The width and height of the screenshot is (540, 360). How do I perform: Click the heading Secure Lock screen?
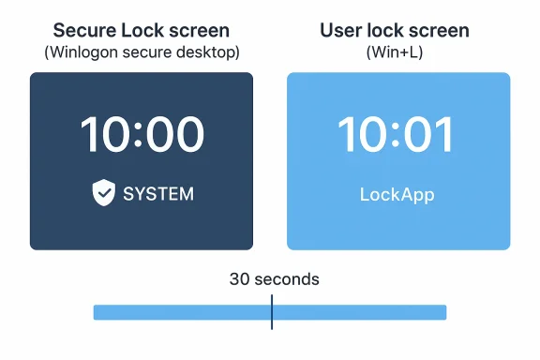click(x=141, y=31)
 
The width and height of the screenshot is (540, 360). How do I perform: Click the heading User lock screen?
click(x=395, y=31)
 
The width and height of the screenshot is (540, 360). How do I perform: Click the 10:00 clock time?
click(x=142, y=135)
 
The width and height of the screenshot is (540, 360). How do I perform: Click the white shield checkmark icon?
click(x=103, y=193)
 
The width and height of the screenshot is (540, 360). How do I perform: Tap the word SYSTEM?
click(x=158, y=194)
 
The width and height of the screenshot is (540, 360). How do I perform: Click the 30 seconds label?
click(x=274, y=279)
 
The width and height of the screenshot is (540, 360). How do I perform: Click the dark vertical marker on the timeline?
click(x=272, y=312)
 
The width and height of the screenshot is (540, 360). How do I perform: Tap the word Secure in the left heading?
click(x=85, y=31)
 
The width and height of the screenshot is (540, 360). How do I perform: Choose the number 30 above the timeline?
click(x=239, y=279)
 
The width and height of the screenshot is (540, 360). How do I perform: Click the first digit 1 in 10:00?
click(x=89, y=135)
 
